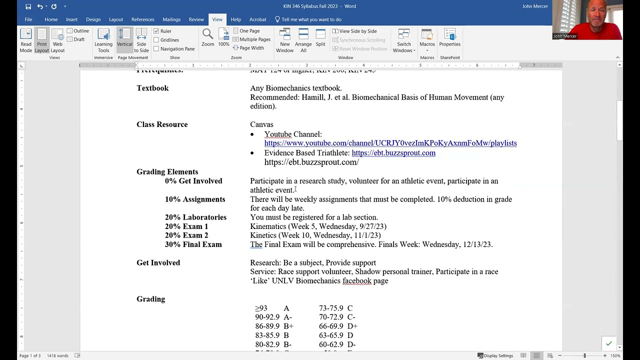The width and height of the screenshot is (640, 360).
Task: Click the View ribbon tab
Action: pos(217,19)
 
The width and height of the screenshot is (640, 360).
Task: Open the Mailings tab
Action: pos(171,19)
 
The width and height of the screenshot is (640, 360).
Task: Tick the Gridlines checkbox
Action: pos(156,40)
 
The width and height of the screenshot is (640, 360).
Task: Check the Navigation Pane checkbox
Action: pos(156,49)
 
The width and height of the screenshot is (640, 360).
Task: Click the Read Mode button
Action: pos(26,40)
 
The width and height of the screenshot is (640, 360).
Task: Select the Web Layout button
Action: pos(57,40)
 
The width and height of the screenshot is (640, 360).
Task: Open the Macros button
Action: pos(427,40)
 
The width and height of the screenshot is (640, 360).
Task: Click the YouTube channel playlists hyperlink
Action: pos(390,143)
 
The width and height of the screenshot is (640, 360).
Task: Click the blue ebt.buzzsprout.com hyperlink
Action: pos(393,153)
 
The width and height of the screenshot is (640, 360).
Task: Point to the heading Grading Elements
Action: pos(167,172)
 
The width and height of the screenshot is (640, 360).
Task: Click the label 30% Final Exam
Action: pos(193,244)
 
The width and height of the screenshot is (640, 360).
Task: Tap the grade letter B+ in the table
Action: pos(288,326)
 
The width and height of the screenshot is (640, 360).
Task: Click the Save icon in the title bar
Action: pos(28,6)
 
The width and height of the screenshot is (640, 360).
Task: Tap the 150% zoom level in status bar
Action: pos(615,355)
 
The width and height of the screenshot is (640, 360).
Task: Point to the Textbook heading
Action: pos(152,88)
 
